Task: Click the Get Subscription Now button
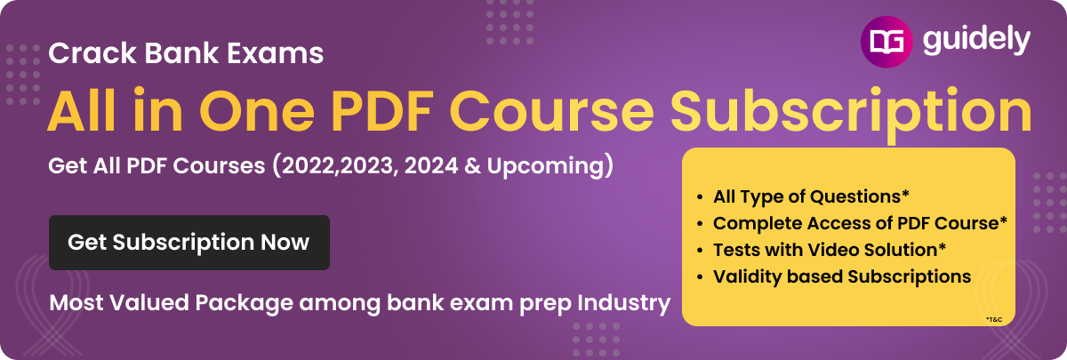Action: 189,243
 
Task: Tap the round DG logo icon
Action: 886,42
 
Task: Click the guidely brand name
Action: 976,41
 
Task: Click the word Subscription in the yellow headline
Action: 851,116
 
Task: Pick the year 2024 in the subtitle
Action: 431,165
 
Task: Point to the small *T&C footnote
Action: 994,319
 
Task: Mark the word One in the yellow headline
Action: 260,110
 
